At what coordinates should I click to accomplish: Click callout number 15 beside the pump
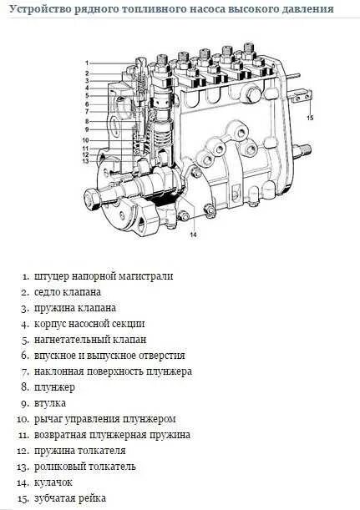pos(310,119)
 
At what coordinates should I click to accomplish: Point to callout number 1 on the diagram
pos(86,63)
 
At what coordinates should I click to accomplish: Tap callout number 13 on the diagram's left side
pos(86,161)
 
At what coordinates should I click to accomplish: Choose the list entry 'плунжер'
pos(54,387)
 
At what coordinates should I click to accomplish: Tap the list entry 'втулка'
pos(50,403)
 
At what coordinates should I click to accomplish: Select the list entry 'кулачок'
pos(53,482)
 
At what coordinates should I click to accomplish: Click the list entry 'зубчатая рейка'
pos(70,498)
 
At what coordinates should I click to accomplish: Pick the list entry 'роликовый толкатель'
pos(84,467)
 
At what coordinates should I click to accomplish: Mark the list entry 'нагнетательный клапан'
pos(89,340)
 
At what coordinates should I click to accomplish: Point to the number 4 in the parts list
pos(25,324)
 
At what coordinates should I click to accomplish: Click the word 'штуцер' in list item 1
pos(52,276)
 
